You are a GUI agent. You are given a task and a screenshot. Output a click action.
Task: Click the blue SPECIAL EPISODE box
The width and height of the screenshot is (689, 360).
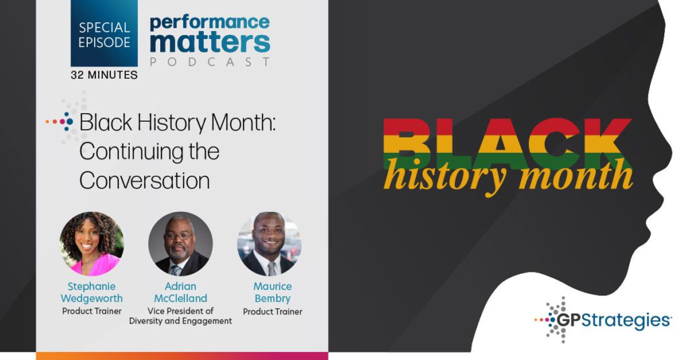(104, 34)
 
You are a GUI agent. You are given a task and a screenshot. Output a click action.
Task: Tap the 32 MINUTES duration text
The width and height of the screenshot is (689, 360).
(104, 75)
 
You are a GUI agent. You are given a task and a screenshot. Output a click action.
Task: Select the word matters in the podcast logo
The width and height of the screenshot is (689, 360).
(210, 42)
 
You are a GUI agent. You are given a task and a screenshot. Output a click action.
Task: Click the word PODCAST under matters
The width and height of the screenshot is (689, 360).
(210, 62)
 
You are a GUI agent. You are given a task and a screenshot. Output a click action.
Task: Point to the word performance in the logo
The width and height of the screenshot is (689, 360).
(210, 23)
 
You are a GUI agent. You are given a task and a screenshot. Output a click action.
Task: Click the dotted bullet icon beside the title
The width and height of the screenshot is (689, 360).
(60, 121)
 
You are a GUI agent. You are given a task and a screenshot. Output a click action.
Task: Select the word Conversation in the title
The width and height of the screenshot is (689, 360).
(145, 180)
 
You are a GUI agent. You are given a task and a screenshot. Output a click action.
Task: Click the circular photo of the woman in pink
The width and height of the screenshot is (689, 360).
(92, 244)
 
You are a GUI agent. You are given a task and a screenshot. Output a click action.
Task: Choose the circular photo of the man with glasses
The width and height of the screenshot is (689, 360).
(180, 244)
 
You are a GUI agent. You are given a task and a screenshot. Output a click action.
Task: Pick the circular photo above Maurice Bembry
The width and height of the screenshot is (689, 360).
(269, 244)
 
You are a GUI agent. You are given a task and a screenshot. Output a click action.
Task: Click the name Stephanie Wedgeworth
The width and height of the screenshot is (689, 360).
(92, 292)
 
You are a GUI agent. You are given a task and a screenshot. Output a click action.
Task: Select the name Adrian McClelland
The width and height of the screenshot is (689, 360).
(180, 292)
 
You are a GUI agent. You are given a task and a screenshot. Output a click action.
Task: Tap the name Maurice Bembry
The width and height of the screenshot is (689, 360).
(273, 292)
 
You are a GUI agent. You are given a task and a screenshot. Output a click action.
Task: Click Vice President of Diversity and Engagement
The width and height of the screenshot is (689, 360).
(180, 316)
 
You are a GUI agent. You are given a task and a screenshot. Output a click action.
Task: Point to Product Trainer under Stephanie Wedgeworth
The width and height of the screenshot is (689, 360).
(92, 311)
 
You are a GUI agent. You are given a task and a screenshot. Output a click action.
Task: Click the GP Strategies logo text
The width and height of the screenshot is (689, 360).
(614, 320)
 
